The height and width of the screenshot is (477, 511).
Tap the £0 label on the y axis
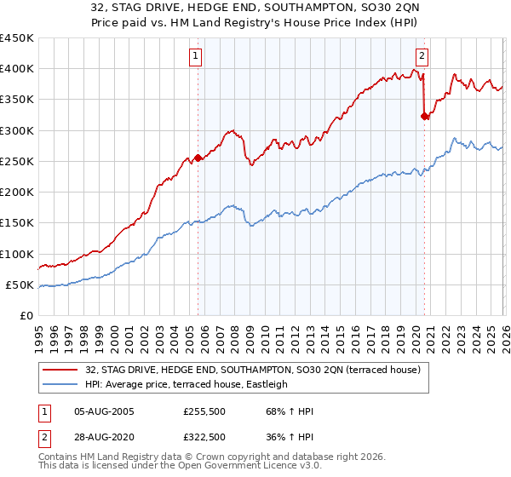coord(27,316)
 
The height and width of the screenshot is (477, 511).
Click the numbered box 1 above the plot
coord(196,57)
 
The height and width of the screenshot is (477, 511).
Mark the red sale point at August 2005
coord(198,158)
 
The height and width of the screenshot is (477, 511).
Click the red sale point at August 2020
coord(424,117)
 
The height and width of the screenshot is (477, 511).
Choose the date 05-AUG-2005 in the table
coord(103,411)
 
